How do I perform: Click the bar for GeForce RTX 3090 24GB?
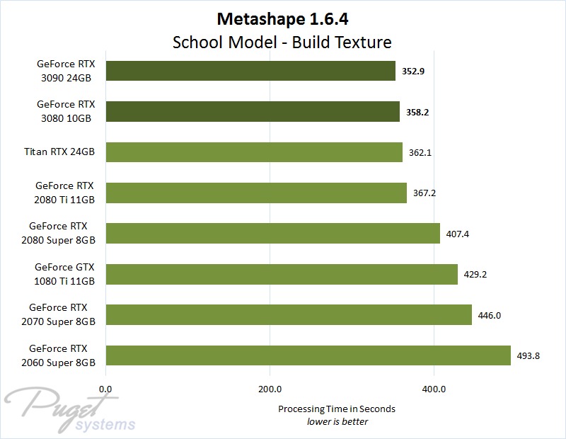point(250,71)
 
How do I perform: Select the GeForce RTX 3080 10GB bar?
point(253,112)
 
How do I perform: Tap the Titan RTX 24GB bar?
point(254,152)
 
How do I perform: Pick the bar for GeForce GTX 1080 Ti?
point(282,274)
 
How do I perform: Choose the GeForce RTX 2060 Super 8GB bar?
point(308,355)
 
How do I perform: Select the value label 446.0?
point(490,315)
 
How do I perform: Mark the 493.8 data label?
point(529,355)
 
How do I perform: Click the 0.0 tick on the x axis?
point(106,388)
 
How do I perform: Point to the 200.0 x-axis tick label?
point(270,388)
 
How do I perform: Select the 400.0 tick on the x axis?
point(433,388)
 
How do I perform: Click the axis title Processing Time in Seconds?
point(337,409)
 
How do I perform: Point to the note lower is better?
point(337,421)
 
